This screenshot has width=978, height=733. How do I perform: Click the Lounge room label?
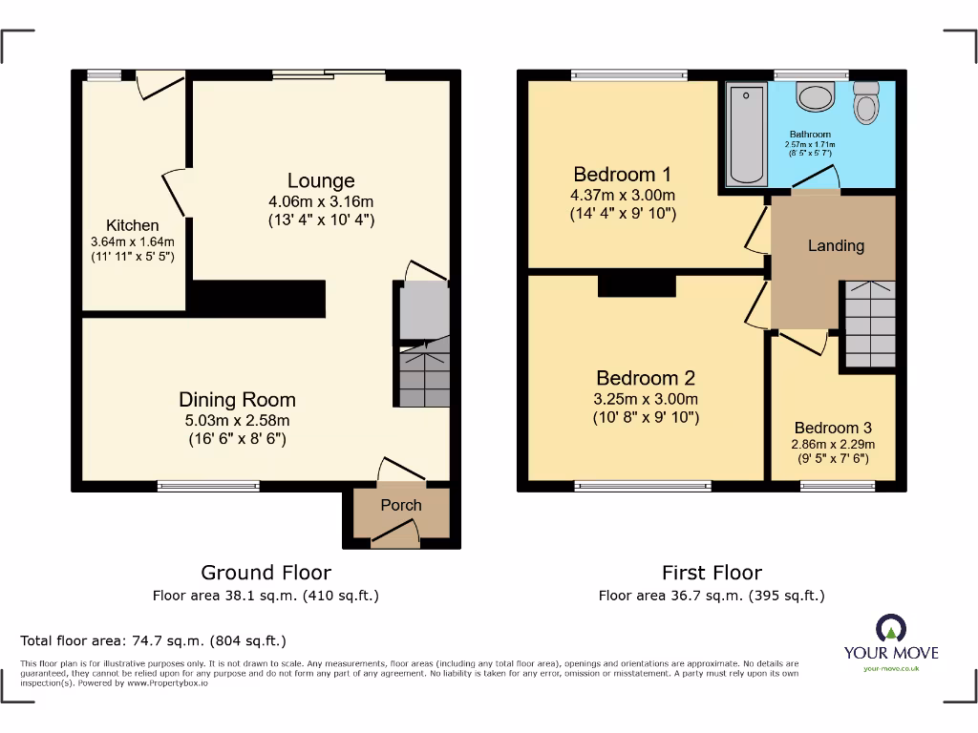pos(321,180)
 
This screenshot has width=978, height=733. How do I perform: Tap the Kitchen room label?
pos(132,225)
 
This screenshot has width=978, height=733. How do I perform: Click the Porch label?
pos(401,505)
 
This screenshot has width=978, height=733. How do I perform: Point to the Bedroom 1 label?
pos(622,174)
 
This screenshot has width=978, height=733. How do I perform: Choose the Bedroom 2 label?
pos(646,378)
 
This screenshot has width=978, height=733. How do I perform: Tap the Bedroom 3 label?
pos(833,428)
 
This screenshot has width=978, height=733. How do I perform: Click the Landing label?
pos(836,245)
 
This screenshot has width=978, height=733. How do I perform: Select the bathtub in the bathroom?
pos(746,135)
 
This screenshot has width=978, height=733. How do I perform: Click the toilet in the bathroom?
pos(866,103)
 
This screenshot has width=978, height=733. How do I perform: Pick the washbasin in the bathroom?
pos(816,97)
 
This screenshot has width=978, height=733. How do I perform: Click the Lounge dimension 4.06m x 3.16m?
pos(321,201)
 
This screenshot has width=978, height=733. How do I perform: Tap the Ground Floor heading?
pos(266,573)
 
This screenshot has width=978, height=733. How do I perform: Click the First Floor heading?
pos(712,573)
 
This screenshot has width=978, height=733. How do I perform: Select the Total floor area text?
pos(153,641)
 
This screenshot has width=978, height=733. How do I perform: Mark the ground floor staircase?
pos(423,374)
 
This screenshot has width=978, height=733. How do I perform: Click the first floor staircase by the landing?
pos(869,325)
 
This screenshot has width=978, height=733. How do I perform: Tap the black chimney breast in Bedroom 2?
pos(636,284)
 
